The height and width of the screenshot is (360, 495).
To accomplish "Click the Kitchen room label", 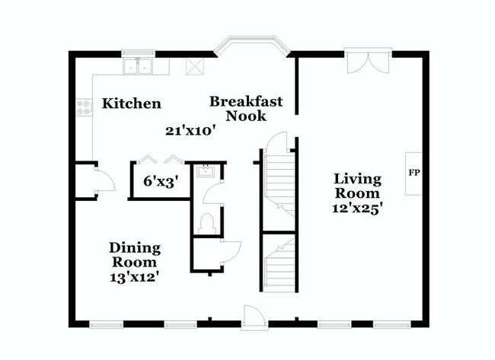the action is [131, 104].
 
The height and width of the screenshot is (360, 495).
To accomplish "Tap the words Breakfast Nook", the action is [246, 109].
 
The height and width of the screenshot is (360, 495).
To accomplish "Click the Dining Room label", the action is [135, 255].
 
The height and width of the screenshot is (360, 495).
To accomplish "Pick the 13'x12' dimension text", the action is [134, 277].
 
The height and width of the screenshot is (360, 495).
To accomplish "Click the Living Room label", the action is [358, 186].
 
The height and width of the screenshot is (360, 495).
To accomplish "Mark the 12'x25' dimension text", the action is [358, 209].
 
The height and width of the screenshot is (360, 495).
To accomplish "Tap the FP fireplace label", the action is [414, 173].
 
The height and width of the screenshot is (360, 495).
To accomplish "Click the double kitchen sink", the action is [138, 66].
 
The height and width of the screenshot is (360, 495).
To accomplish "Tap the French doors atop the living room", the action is [368, 62].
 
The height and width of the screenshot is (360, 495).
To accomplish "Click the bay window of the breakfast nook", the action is [252, 45].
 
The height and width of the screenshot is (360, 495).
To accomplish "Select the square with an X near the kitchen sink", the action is [195, 66].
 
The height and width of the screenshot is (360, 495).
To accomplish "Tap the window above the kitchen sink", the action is [138, 53].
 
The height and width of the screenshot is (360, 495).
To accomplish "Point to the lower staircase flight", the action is [279, 265].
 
